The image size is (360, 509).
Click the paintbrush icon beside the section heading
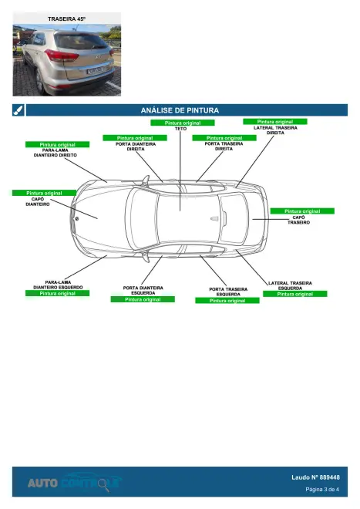coord(19,110)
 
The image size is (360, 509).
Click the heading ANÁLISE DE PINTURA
coord(180,110)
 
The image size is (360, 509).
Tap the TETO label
coord(181,129)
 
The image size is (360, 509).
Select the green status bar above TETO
coord(183,123)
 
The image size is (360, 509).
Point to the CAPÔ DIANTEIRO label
coord(38,201)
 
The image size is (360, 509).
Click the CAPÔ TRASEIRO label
coord(298,220)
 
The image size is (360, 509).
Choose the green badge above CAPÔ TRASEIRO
coord(302,211)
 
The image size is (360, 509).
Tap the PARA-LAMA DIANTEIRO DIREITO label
coord(56,153)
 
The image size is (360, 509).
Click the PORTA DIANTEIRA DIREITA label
coord(136,147)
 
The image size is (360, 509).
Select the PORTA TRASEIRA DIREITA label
coord(224,146)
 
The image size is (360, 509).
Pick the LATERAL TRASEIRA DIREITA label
coord(275,130)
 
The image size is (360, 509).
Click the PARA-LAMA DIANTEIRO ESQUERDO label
coord(58,285)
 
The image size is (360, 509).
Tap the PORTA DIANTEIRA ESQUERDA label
coord(143,290)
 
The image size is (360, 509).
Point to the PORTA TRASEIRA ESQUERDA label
coord(228,292)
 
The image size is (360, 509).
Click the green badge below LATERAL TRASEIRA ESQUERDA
coord(294,294)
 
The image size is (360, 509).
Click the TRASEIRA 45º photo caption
coord(67,19)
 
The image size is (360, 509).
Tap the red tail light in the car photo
coord(62,56)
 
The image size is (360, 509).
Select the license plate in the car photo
coord(95,70)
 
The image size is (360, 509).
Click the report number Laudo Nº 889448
coord(315,477)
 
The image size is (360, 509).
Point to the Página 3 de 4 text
coord(322,489)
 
